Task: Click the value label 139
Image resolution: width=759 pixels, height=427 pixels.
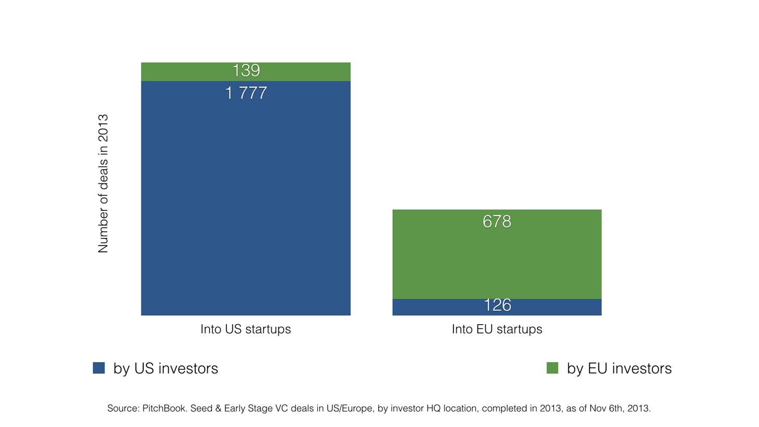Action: click(246, 71)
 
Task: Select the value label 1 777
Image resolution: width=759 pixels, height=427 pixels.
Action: click(246, 93)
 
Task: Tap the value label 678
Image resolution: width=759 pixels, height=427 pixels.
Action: click(497, 222)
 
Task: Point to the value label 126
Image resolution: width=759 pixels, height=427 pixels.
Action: click(497, 305)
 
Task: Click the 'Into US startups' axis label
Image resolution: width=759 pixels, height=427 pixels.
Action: click(246, 329)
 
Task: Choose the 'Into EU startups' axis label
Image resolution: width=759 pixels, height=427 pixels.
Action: click(497, 329)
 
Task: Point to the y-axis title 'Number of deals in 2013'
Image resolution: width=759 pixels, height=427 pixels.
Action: click(103, 184)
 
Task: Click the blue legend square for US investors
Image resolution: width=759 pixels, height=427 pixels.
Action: click(99, 368)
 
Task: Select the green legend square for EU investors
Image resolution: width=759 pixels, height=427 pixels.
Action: click(552, 368)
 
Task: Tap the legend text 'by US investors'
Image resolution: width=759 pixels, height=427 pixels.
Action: click(166, 368)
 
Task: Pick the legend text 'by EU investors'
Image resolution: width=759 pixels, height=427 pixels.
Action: click(619, 368)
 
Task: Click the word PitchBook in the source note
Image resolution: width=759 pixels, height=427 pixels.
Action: click(164, 408)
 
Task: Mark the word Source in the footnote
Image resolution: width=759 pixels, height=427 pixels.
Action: click(123, 408)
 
